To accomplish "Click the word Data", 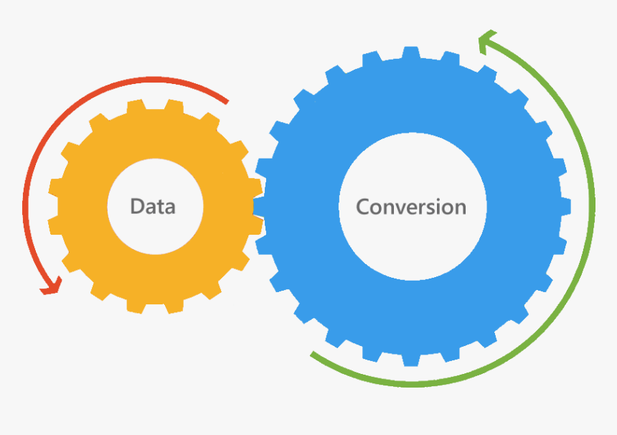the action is [x=153, y=206].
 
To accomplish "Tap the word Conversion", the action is [x=411, y=207].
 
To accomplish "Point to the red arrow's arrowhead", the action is [x=51, y=286].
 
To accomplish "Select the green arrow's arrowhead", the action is [x=487, y=41].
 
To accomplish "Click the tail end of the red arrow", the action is [x=227, y=103].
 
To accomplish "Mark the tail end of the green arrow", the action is [x=312, y=354].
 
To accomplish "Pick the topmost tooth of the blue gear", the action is [x=411, y=52].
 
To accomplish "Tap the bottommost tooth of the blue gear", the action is [x=411, y=360].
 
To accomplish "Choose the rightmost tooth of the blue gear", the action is [x=565, y=206].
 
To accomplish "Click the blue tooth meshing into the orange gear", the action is [x=259, y=206].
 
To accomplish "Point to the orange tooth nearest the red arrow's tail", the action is [x=210, y=121].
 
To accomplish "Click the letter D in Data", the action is [x=137, y=206].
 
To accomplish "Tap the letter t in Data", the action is [x=161, y=207].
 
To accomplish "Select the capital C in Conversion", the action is [x=363, y=207].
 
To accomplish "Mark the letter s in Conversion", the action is [x=431, y=209].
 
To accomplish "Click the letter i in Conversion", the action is [x=440, y=206].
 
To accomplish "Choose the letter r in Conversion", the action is [x=421, y=209].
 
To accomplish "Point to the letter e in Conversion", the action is [x=413, y=209].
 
